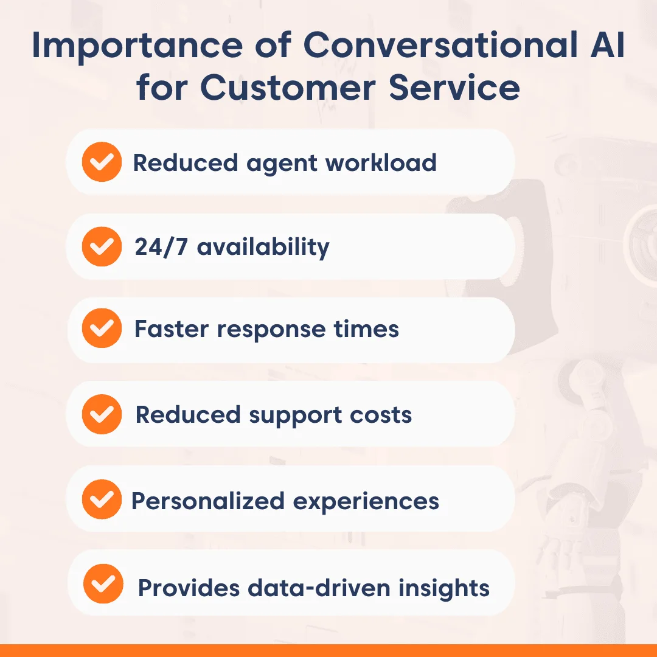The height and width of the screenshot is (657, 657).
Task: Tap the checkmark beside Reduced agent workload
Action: tap(101, 162)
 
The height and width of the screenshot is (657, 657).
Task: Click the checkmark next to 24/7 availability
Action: tap(101, 246)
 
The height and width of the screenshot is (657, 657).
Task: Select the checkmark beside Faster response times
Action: tap(101, 329)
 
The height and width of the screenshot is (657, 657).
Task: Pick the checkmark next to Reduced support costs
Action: tap(101, 414)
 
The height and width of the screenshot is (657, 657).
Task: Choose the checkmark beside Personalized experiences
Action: tap(101, 501)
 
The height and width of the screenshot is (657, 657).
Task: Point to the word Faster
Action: tap(171, 329)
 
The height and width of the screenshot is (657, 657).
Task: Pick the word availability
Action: tap(263, 248)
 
